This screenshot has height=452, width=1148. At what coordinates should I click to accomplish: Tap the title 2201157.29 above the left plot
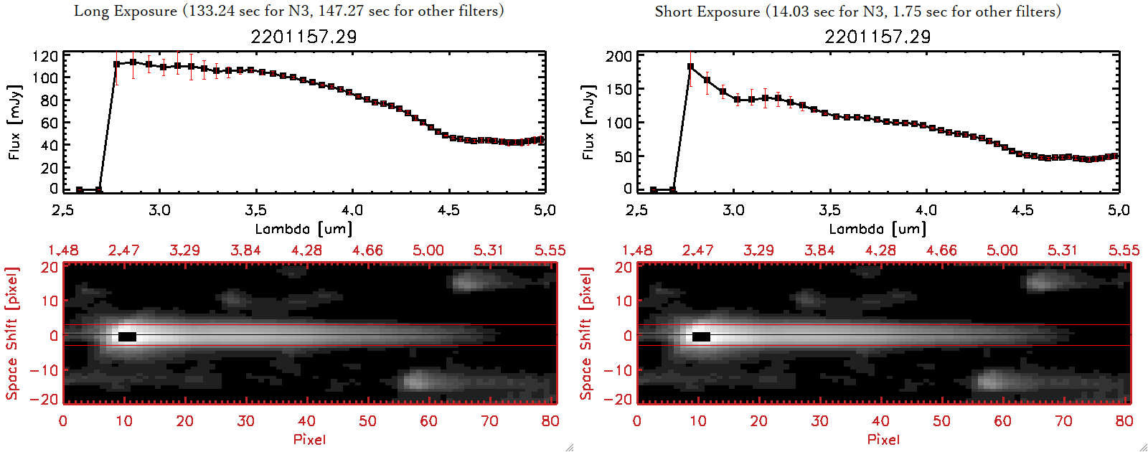pyautogui.click(x=304, y=37)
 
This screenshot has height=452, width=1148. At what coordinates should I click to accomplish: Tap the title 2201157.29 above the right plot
pyautogui.click(x=878, y=37)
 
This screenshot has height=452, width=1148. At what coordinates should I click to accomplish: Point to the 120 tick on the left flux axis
pyautogui.click(x=45, y=56)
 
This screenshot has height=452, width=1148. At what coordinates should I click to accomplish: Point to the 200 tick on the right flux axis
pyautogui.click(x=618, y=56)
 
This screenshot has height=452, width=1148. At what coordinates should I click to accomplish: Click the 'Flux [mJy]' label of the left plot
pyautogui.click(x=15, y=122)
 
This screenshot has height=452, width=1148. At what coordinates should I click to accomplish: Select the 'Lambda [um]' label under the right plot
pyautogui.click(x=878, y=229)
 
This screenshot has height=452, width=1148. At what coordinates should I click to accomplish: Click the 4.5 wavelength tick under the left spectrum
pyautogui.click(x=448, y=210)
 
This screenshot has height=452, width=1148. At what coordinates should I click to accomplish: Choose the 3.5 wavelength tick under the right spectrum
pyautogui.click(x=829, y=210)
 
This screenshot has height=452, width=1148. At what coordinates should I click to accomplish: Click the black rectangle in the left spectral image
pyautogui.click(x=127, y=336)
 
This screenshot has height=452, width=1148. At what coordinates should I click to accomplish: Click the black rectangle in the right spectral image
pyautogui.click(x=701, y=336)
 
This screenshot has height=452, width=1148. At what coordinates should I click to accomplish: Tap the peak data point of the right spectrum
pyautogui.click(x=690, y=67)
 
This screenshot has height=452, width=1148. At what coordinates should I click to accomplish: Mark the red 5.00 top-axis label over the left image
pyautogui.click(x=428, y=250)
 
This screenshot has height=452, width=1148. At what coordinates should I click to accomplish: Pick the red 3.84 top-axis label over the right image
pyautogui.click(x=819, y=250)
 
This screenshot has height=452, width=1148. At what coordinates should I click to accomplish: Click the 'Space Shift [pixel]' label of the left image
pyautogui.click(x=12, y=334)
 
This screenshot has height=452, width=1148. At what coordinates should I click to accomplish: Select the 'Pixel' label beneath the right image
pyautogui.click(x=883, y=439)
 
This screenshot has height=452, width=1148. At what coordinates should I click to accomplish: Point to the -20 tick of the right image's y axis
pyautogui.click(x=618, y=400)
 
